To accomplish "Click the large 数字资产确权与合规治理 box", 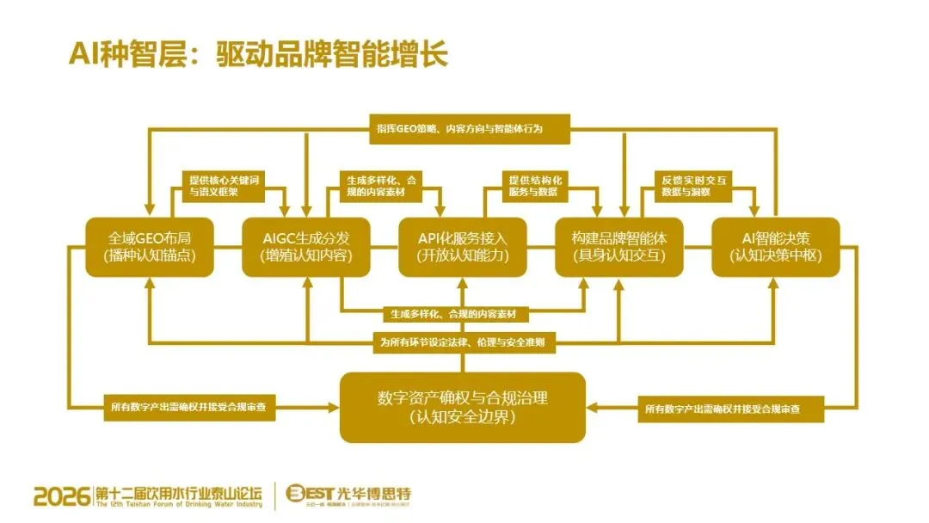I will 463,407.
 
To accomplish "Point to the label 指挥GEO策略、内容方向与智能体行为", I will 471,128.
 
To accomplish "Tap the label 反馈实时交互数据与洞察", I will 696,186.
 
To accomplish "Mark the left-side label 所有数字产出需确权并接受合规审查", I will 190,407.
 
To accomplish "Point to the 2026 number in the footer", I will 61,496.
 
